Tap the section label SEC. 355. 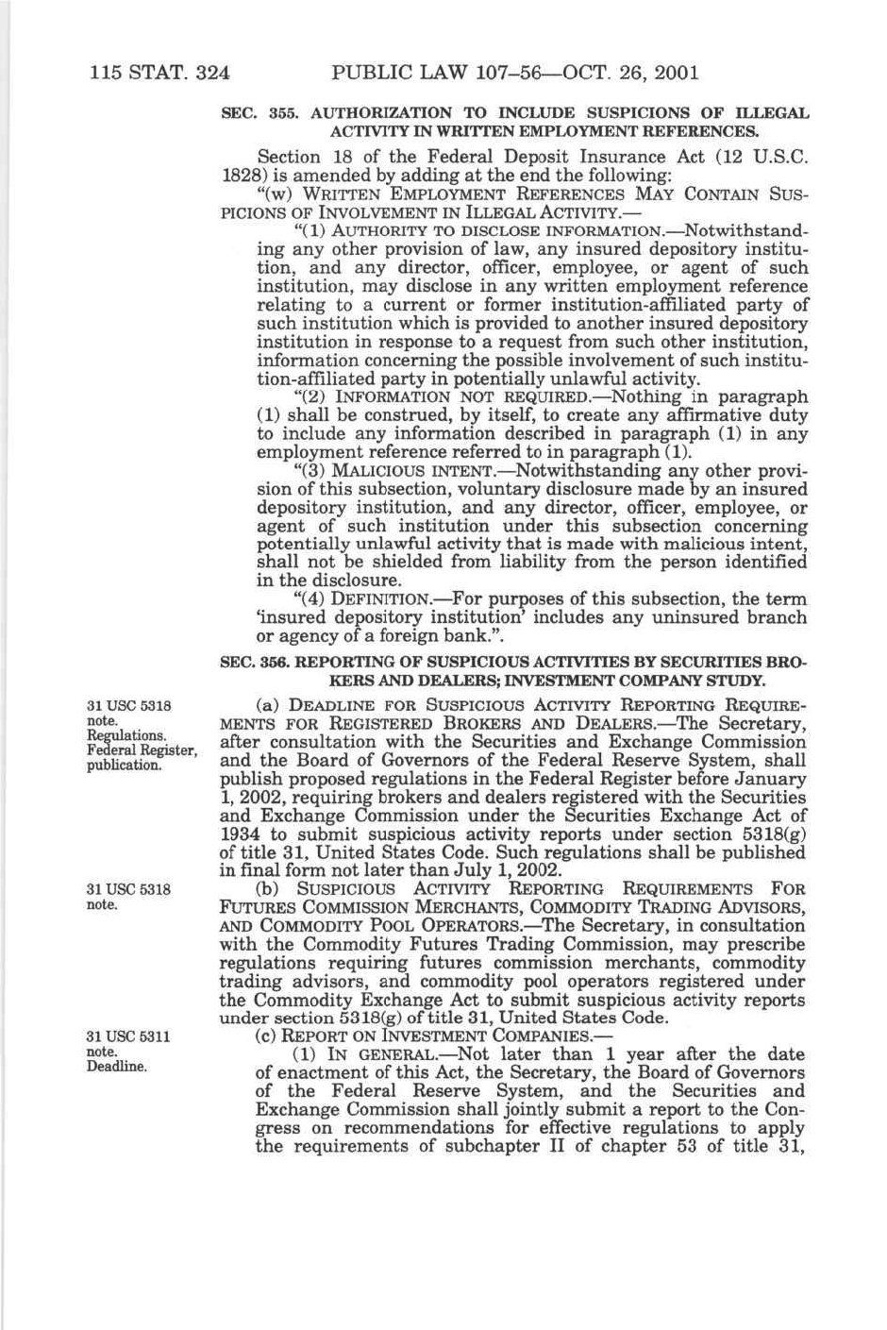click(244, 113)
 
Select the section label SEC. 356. click(244, 663)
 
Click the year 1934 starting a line click(242, 833)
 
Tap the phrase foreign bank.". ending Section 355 click(452, 635)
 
